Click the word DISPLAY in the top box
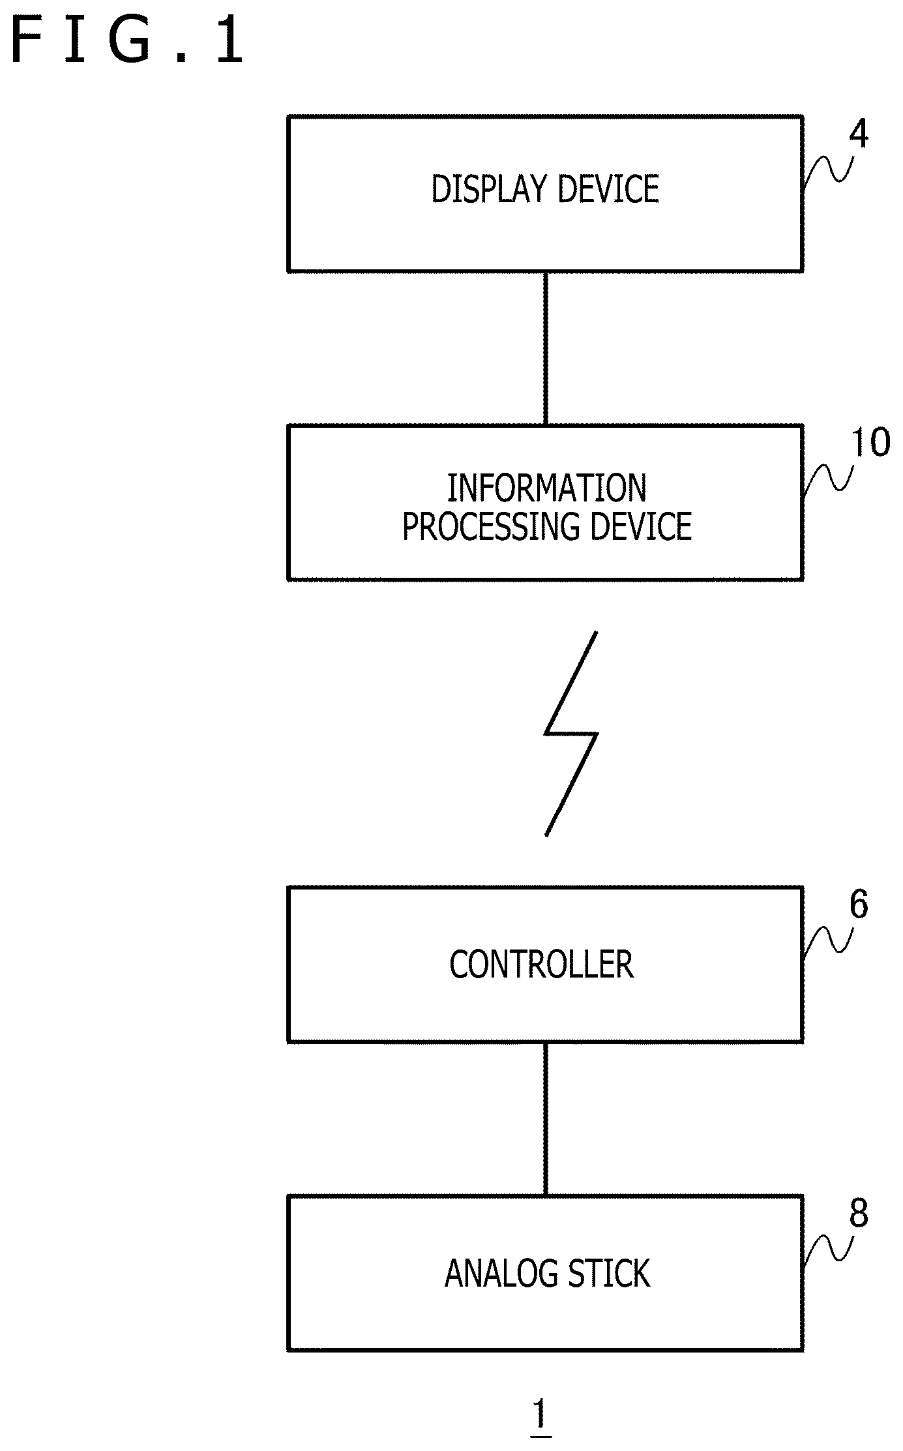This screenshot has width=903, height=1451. point(489,189)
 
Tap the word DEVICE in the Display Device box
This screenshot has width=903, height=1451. point(608,189)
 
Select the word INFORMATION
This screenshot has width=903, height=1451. point(547,488)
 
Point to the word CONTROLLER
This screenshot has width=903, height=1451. point(542,964)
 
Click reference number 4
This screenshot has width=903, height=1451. point(859,134)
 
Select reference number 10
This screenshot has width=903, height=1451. point(870,442)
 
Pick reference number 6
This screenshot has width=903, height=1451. point(859,905)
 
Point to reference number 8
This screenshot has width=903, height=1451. point(859,1213)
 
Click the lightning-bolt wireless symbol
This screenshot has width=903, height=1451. point(571,734)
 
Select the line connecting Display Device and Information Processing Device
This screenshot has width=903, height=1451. point(546,349)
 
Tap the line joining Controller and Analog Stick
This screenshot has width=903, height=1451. point(546,1119)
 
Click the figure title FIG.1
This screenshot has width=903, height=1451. point(128,41)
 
